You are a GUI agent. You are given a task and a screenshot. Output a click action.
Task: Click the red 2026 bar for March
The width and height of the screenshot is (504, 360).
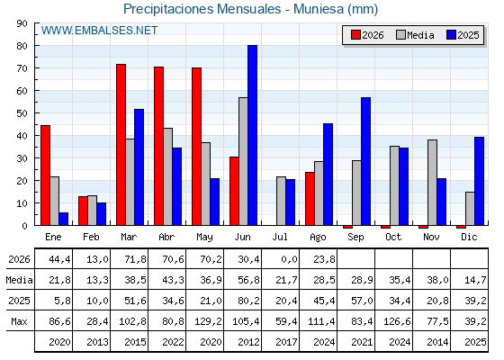121,145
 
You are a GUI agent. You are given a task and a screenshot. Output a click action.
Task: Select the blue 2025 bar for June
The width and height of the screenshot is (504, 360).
252,135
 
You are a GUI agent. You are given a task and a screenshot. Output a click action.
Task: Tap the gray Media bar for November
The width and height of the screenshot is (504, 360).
432,183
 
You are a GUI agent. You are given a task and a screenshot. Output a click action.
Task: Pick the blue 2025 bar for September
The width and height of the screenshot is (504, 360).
365,161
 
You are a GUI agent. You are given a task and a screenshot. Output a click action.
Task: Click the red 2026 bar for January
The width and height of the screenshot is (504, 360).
45,175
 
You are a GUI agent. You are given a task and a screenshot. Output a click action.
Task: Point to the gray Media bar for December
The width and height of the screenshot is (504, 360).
470,209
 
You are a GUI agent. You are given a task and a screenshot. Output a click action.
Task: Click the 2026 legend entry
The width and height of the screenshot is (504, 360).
367,35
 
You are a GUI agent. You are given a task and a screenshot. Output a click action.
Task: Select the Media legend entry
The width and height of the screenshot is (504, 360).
415,35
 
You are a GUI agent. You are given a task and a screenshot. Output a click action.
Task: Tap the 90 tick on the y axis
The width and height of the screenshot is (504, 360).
22,23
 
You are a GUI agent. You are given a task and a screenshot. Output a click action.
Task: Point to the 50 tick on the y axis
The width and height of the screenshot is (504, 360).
22,113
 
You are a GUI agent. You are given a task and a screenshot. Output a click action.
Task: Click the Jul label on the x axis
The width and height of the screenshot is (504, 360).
280,237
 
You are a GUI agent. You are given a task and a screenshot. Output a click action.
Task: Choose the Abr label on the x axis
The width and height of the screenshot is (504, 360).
166,237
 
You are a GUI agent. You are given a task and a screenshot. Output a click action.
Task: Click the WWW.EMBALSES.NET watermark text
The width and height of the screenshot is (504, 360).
99,31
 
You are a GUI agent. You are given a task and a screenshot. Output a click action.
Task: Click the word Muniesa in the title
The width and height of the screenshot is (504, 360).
319,9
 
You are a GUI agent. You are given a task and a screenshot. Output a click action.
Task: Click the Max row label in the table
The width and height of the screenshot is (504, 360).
19,321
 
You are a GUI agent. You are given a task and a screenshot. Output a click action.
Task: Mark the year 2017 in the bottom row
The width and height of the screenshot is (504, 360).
286,342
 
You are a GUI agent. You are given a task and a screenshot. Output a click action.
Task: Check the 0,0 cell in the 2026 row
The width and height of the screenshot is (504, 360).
289,259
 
